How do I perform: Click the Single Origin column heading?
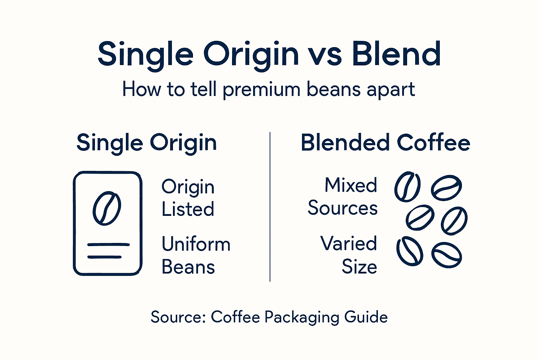pyautogui.click(x=147, y=143)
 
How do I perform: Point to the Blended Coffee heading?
pyautogui.click(x=385, y=142)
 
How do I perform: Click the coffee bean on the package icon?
pyautogui.click(x=107, y=208)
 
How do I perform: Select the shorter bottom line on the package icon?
pyautogui.click(x=104, y=257)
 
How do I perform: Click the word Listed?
pyautogui.click(x=188, y=209)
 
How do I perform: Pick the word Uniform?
pyautogui.click(x=196, y=244)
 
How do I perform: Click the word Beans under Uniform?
pyautogui.click(x=188, y=267)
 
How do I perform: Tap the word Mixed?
pyautogui.click(x=351, y=185)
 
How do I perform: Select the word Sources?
pyautogui.click(x=342, y=208)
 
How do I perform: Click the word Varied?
pyautogui.click(x=348, y=243)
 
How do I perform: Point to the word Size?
pyautogui.click(x=359, y=267)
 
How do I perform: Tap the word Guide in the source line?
pyautogui.click(x=366, y=317)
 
